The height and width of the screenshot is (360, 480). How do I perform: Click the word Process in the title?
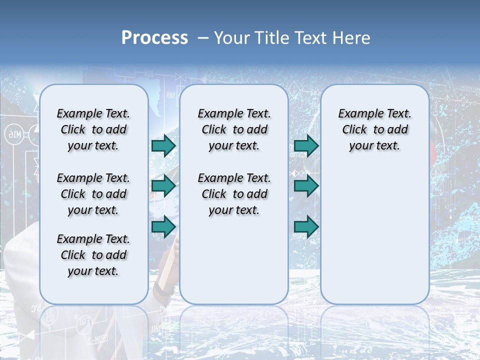(154, 37)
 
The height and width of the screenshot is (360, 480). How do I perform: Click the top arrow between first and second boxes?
(163, 145)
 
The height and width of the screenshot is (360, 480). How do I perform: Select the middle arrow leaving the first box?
(163, 186)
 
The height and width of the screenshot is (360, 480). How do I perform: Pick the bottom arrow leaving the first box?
(163, 226)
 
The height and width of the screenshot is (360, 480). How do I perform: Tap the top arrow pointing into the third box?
(306, 145)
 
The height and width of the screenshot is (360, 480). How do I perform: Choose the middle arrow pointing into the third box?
(306, 186)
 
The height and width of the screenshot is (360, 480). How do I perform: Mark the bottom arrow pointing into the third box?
(306, 227)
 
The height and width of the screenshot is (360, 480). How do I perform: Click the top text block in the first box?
(93, 129)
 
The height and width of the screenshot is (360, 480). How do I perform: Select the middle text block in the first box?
(93, 194)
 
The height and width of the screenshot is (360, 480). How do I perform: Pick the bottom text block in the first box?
(93, 255)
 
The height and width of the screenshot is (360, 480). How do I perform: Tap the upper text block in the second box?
(234, 129)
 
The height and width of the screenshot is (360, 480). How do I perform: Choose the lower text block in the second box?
(234, 194)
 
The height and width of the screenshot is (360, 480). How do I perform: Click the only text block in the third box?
(374, 129)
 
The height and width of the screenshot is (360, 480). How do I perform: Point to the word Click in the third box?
(354, 129)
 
